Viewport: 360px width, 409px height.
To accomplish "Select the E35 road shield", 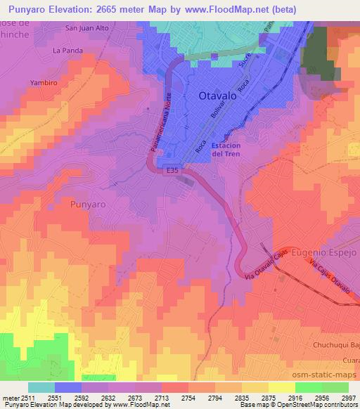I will click(x=172, y=170).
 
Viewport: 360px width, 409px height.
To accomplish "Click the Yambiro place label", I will click(x=41, y=82).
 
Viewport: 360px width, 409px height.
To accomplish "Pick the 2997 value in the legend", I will click(x=349, y=397).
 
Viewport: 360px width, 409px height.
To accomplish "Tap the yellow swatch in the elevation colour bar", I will click(x=281, y=387).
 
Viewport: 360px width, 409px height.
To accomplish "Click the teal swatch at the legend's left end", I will click(x=41, y=387).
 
